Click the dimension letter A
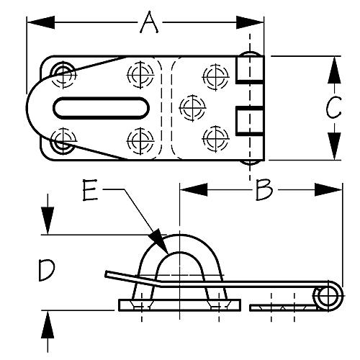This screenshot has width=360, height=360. [148, 24]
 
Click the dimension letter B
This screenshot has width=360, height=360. [264, 191]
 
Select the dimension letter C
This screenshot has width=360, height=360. [332, 108]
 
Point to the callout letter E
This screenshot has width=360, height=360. [89, 191]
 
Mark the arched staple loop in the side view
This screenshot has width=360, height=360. [177, 248]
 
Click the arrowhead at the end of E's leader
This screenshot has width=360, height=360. [161, 243]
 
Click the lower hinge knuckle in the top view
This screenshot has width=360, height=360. [248, 121]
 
